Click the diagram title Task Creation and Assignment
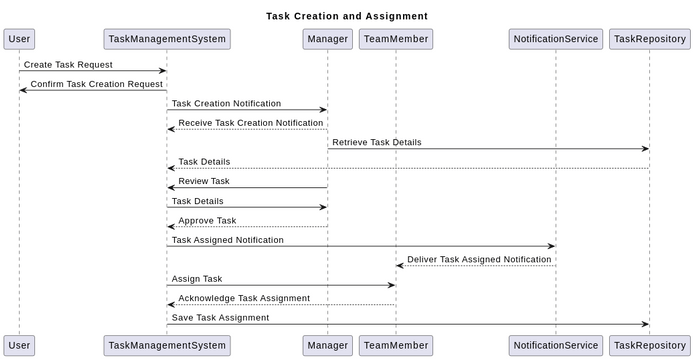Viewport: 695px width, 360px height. click(x=347, y=16)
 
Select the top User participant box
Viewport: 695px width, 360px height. click(x=19, y=39)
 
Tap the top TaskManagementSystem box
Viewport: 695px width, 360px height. click(x=167, y=39)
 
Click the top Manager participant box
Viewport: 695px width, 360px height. click(x=328, y=39)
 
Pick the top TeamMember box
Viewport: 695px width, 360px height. click(x=396, y=39)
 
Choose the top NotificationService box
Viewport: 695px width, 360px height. click(x=555, y=39)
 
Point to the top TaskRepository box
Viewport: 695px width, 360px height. click(x=649, y=39)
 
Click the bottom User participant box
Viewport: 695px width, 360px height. click(x=19, y=345)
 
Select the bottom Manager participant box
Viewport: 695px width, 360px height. click(x=328, y=345)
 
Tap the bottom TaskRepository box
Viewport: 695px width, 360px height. click(x=649, y=345)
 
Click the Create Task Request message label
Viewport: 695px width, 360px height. click(x=68, y=64)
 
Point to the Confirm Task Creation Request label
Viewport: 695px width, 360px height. click(x=96, y=84)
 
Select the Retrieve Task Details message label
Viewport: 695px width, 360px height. click(x=376, y=142)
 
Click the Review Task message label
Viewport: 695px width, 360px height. click(x=204, y=181)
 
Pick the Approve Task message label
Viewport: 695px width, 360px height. click(x=207, y=220)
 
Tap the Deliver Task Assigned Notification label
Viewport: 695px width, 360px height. click(x=479, y=259)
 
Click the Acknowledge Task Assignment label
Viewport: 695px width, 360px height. click(x=244, y=298)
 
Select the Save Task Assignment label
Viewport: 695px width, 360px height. click(x=220, y=318)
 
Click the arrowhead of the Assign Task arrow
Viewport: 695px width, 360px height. click(x=392, y=285)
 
